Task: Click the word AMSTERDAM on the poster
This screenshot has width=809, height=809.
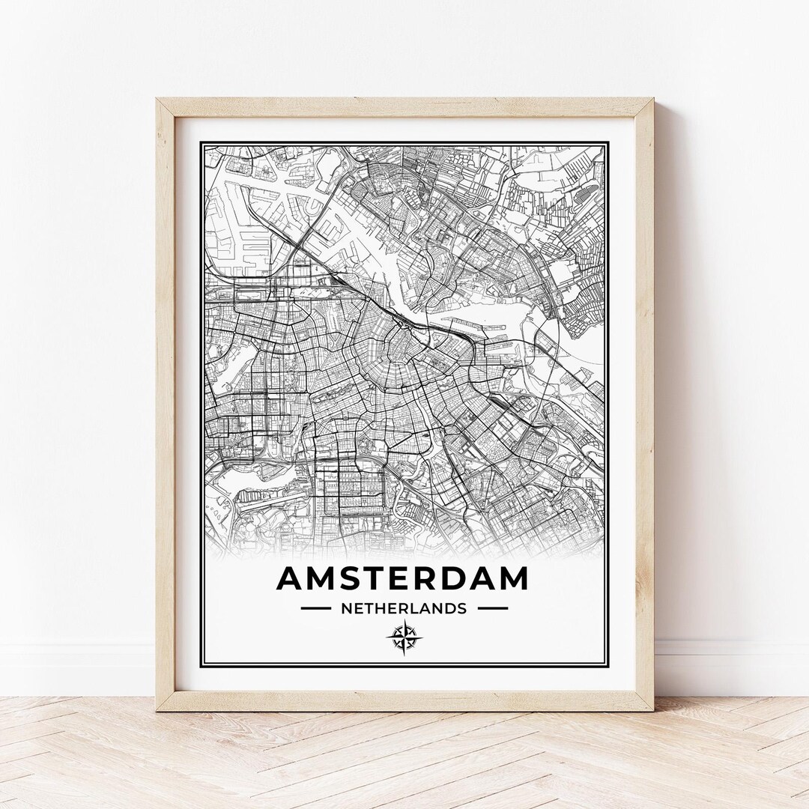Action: click(x=402, y=578)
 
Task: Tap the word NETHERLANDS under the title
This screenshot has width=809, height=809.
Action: click(x=404, y=608)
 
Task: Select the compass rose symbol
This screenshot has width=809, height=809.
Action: click(x=404, y=637)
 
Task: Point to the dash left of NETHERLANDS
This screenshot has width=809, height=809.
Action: click(x=315, y=608)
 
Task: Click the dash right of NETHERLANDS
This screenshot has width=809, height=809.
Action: click(x=492, y=608)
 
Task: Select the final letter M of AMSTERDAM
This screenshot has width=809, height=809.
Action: click(x=512, y=578)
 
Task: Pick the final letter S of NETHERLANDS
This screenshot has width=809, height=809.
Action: click(x=462, y=608)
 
